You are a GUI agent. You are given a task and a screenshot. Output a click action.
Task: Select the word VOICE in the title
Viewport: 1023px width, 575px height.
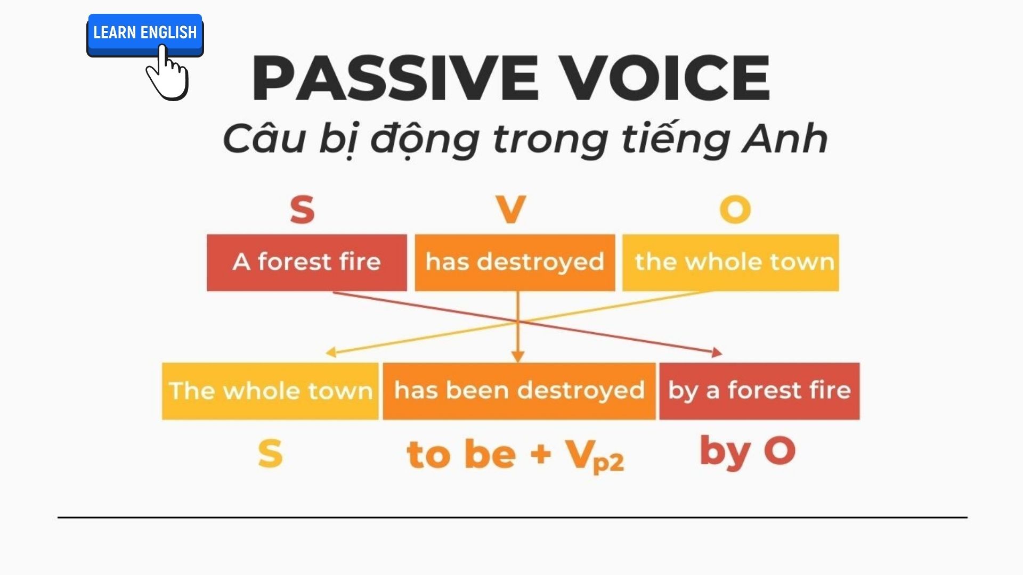[666, 78]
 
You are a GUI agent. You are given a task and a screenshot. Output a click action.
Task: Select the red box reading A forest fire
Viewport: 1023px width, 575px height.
[306, 262]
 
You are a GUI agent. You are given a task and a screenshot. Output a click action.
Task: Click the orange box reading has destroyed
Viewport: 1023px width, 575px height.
[515, 262]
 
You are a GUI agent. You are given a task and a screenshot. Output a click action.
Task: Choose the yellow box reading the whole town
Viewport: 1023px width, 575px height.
[730, 262]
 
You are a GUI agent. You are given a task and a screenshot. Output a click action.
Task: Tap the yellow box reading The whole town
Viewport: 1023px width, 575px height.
[270, 391]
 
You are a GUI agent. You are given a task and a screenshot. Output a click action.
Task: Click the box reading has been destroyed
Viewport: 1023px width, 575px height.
[519, 391]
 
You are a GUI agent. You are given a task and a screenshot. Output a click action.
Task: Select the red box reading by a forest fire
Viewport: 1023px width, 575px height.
[759, 391]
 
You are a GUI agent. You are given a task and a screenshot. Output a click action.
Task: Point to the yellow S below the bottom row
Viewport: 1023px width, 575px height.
[270, 454]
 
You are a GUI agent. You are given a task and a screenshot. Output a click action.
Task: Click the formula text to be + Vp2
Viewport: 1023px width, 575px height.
[515, 455]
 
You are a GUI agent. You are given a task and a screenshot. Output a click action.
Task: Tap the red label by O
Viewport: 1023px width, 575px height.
[747, 451]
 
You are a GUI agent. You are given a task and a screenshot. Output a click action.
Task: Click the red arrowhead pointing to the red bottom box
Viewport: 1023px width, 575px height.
[717, 352]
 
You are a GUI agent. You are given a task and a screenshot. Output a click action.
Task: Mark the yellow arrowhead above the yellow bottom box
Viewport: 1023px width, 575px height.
[331, 352]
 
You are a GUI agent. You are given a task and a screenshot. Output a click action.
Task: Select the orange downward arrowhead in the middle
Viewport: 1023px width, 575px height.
[518, 357]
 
